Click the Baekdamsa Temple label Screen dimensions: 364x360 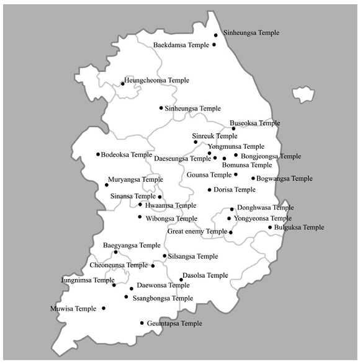181,45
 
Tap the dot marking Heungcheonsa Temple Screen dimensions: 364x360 123,84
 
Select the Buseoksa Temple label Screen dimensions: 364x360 254,123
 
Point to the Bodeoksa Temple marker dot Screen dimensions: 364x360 98,154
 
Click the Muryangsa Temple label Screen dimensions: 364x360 135,180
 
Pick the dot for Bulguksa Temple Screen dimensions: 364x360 270,228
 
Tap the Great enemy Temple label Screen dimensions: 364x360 197,232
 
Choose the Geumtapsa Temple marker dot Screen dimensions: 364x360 142,323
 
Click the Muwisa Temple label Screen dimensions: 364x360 73,308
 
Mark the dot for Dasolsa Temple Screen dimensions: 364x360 181,280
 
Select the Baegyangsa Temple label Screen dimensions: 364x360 127,246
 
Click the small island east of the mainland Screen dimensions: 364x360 304,95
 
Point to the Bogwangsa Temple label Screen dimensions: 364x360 284,179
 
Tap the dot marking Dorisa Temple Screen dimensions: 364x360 209,190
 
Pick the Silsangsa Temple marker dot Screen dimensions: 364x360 164,256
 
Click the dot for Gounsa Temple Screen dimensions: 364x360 235,174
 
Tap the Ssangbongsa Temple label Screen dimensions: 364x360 163,298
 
